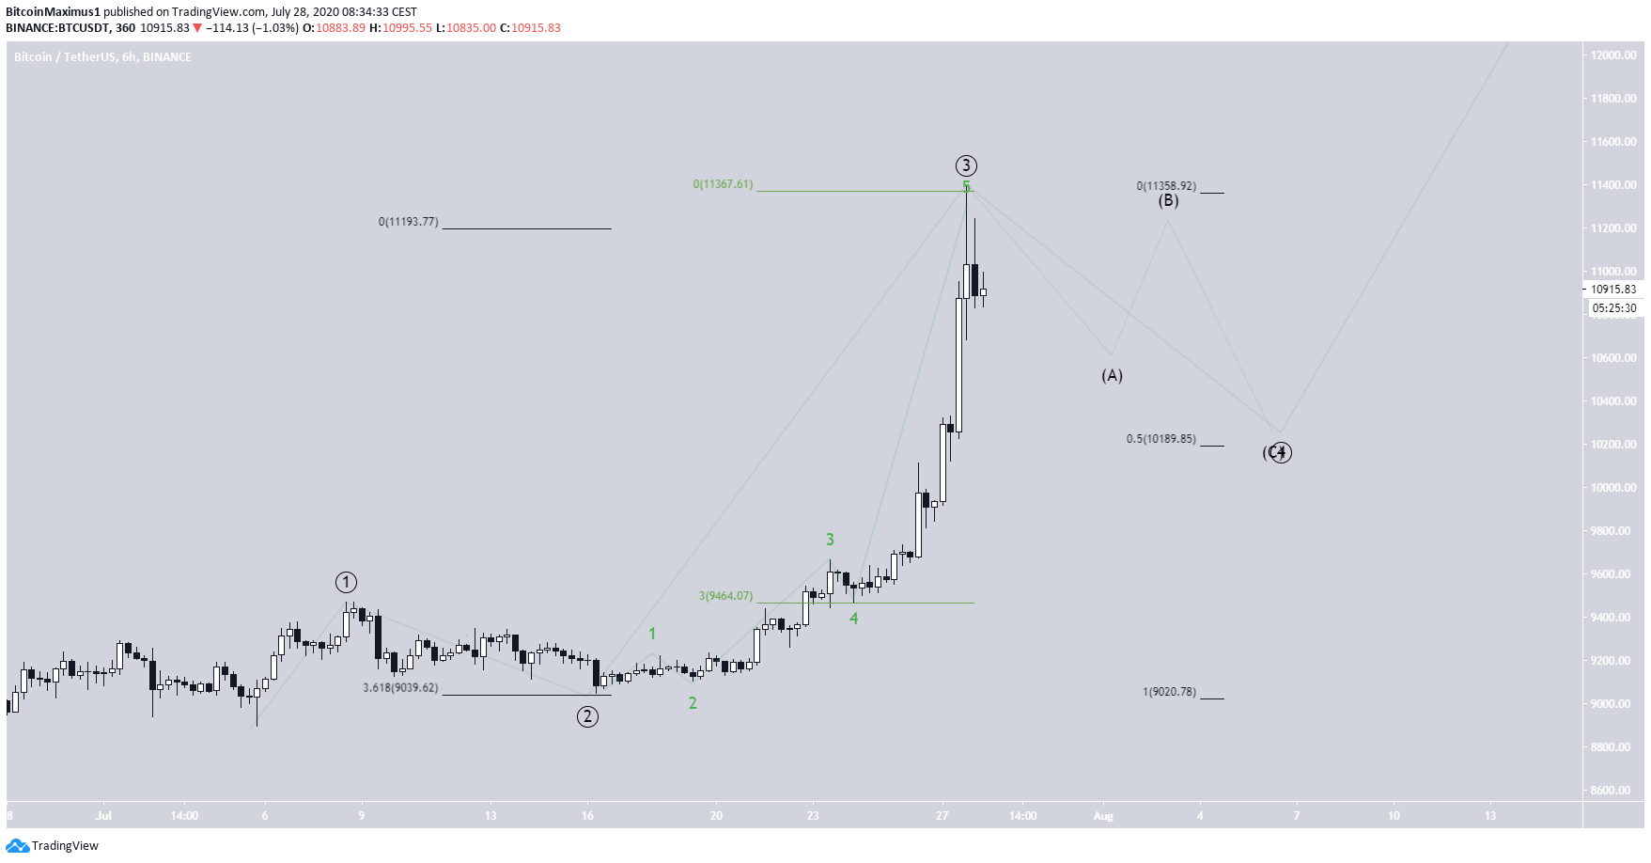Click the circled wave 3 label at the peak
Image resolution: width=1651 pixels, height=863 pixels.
(966, 166)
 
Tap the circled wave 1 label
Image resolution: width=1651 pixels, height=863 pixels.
(347, 583)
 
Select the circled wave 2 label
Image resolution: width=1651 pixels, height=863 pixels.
(587, 717)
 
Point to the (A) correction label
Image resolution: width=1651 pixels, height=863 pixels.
(1112, 376)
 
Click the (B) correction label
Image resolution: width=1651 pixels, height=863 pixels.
(1168, 200)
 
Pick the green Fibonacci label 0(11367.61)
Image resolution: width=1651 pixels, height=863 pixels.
(723, 184)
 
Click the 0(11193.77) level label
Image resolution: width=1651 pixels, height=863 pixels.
(409, 222)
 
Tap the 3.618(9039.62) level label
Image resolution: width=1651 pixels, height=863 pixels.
(401, 688)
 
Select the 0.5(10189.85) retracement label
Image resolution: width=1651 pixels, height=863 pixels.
(1161, 439)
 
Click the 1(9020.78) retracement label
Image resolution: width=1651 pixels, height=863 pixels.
(1169, 692)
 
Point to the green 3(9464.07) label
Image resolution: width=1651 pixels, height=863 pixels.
(725, 596)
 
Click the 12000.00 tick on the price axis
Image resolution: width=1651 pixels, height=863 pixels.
(1613, 55)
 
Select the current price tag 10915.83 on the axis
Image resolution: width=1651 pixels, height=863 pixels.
(1613, 290)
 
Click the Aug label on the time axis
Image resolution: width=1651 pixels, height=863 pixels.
(1103, 816)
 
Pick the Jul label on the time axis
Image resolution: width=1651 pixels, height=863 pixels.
(103, 816)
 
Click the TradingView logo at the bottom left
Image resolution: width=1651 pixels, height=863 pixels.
(53, 846)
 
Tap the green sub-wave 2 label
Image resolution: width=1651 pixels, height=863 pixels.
(693, 703)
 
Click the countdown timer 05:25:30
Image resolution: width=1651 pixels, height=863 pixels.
(1613, 308)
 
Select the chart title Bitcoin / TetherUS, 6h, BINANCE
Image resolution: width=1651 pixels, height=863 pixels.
(102, 57)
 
